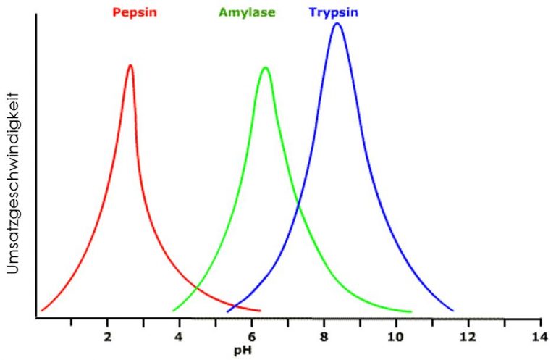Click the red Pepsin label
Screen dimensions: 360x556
tap(135, 12)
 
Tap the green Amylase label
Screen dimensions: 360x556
tap(246, 12)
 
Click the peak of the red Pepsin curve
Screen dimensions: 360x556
tap(130, 66)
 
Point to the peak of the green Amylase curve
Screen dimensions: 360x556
tap(266, 68)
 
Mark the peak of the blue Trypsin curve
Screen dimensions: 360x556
tap(337, 23)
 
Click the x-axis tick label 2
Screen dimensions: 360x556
tap(107, 337)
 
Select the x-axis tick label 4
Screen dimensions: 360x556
tap(179, 337)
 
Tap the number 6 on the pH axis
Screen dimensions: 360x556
tap(251, 337)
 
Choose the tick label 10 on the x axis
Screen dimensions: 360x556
tap(395, 337)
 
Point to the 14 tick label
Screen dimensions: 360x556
tap(539, 337)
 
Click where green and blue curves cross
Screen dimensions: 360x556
tap(298, 207)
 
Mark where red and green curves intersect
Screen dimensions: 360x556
tap(196, 289)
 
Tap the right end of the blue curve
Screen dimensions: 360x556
tap(453, 311)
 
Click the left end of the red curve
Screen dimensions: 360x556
tap(42, 311)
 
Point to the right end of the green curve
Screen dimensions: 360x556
tap(411, 312)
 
